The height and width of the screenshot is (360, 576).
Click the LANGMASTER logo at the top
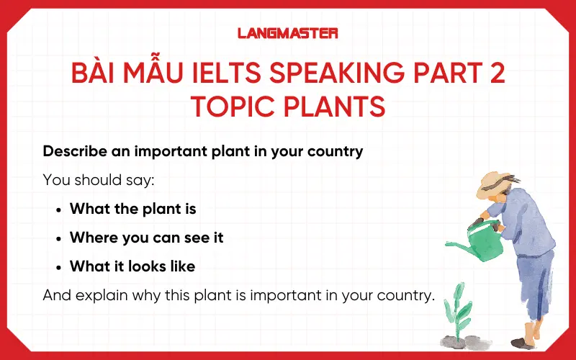287,32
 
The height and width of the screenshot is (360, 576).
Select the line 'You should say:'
99,180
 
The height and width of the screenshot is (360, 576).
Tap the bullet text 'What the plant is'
133,209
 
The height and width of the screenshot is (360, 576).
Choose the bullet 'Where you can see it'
146,238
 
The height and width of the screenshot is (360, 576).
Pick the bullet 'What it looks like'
132,266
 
